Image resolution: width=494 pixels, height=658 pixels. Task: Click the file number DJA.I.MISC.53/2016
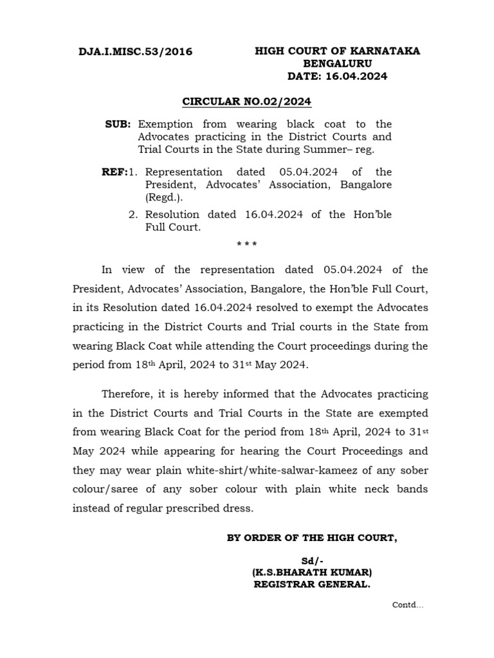click(x=136, y=52)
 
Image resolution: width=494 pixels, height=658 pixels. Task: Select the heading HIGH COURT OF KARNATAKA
click(x=337, y=51)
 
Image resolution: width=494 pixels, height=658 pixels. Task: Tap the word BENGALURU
click(x=337, y=64)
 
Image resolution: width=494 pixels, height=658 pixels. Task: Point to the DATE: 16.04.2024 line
click(x=337, y=76)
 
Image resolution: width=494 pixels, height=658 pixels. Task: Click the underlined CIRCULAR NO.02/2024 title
click(x=247, y=102)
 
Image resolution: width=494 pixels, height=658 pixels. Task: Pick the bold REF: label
click(x=114, y=172)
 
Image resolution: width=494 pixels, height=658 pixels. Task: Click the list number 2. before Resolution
click(x=133, y=215)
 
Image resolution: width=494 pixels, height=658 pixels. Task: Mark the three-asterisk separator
click(x=247, y=245)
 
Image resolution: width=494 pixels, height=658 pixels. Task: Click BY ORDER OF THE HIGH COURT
click(x=312, y=538)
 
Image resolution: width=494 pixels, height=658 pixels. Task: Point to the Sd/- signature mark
click(x=312, y=561)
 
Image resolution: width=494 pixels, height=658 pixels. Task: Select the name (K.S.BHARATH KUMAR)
click(x=312, y=572)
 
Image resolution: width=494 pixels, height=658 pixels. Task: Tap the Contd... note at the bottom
click(x=408, y=605)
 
